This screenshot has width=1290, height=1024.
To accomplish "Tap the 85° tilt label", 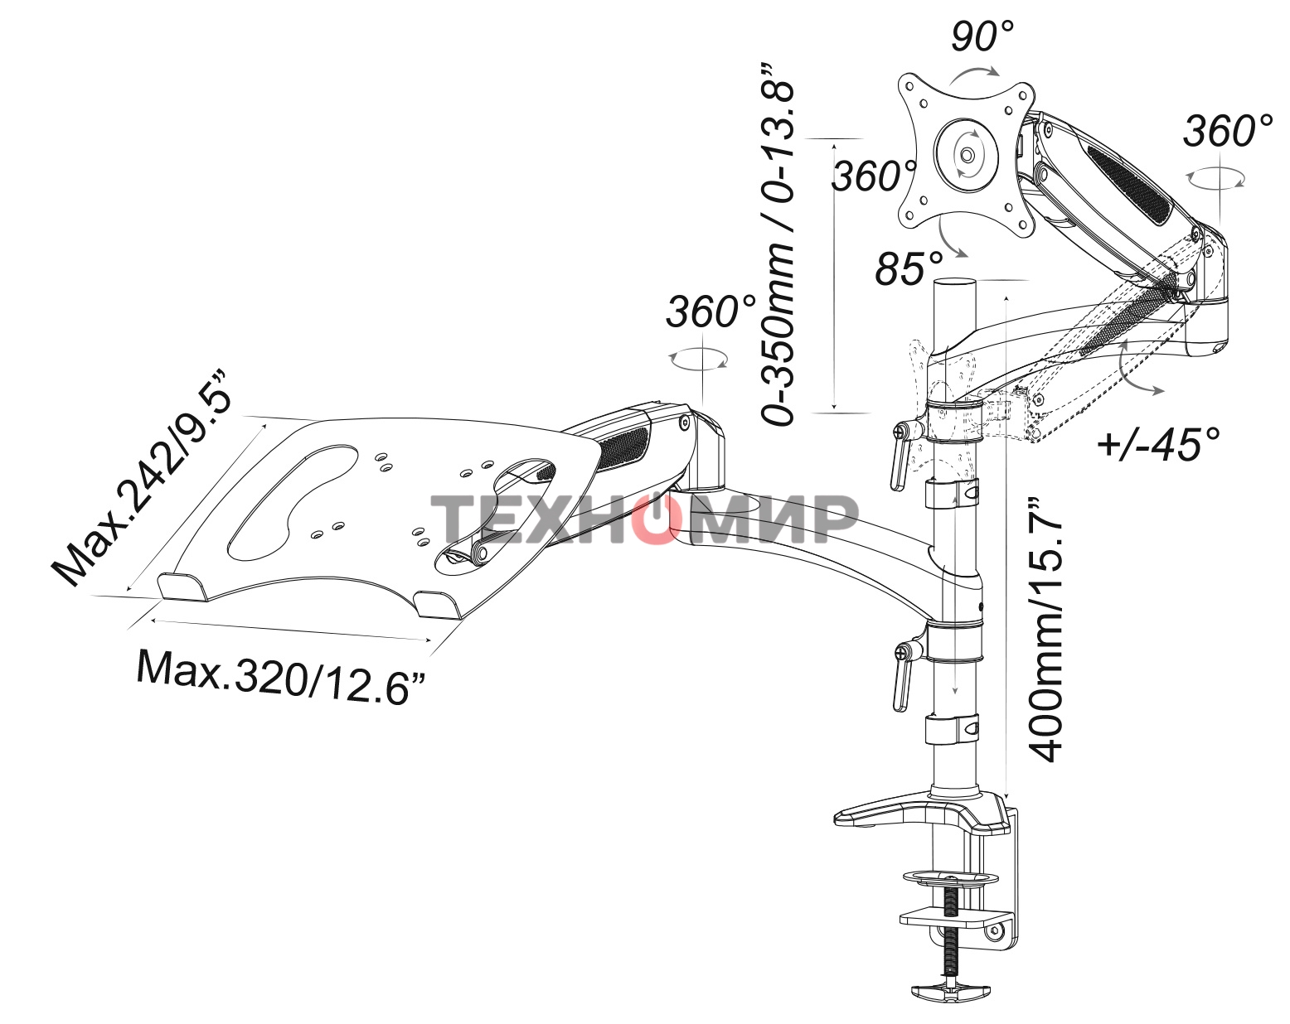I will click(x=909, y=268).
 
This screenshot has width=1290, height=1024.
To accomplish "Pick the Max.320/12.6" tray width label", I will click(x=282, y=673).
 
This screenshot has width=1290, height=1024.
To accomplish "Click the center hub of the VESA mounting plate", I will click(x=967, y=154).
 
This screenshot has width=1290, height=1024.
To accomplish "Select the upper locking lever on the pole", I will click(x=900, y=456).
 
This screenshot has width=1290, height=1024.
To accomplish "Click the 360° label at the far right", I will click(x=1227, y=131).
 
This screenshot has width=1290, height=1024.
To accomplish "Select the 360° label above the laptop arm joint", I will click(x=710, y=312).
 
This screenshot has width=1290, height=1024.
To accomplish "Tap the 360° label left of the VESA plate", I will click(x=873, y=176).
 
